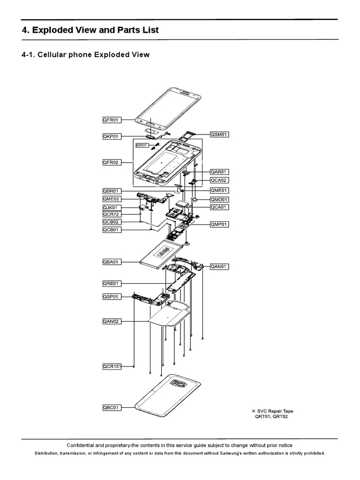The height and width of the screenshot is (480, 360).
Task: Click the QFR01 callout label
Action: pos(112,120)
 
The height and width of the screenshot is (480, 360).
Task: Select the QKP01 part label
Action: pos(112,136)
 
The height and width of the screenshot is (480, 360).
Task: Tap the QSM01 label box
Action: pos(219,134)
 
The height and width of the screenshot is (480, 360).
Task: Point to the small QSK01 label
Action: pos(142,145)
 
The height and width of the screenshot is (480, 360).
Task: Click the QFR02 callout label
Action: pos(112,163)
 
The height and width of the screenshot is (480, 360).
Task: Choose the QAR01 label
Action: pos(219,172)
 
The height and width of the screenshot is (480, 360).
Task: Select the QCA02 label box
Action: pos(219,180)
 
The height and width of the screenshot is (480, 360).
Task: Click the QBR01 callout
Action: pos(112,191)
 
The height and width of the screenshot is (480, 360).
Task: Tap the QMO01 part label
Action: pos(219,199)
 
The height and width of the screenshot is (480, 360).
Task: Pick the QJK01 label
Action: pos(112,207)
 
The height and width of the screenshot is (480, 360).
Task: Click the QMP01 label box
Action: pos(219,225)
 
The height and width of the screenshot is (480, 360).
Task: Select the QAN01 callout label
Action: pos(219,267)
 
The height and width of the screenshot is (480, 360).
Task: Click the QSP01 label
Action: pos(112,297)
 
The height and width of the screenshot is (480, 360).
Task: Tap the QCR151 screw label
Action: pos(112,367)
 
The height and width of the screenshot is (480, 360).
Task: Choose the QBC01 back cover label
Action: pos(112,408)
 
